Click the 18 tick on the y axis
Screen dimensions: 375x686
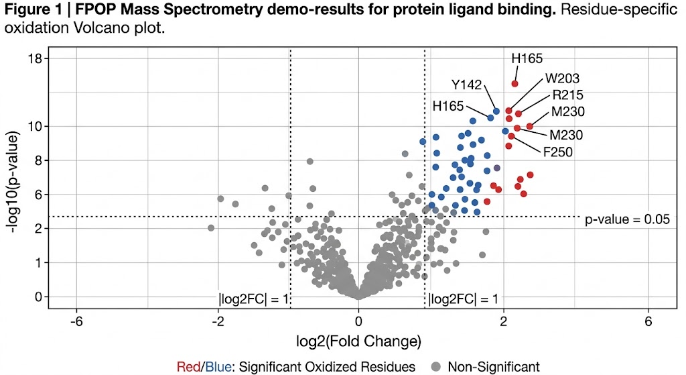pyautogui.click(x=34, y=59)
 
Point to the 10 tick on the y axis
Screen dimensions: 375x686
pyautogui.click(x=34, y=126)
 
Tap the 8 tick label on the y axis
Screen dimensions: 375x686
pyautogui.click(x=38, y=160)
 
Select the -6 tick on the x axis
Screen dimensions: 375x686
pyautogui.click(x=76, y=321)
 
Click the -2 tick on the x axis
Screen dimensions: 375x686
pyautogui.click(x=217, y=321)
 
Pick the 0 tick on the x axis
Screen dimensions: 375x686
pyautogui.click(x=358, y=321)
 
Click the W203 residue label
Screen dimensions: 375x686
pyautogui.click(x=562, y=78)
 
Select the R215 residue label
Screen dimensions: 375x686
pyautogui.click(x=567, y=95)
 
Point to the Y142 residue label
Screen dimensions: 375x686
pyautogui.click(x=466, y=85)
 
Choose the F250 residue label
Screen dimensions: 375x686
pyautogui.click(x=557, y=152)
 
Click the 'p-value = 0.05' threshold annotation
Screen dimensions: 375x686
pyautogui.click(x=628, y=219)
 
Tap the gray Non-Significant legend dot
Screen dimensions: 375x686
pyautogui.click(x=435, y=366)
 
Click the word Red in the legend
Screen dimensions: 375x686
pyautogui.click(x=188, y=366)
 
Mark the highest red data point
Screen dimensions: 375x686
pyautogui.click(x=514, y=83)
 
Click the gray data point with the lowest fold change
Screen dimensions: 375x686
pyautogui.click(x=211, y=228)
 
